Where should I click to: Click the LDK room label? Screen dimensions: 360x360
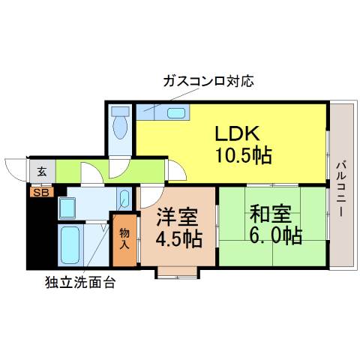[x=237, y=133]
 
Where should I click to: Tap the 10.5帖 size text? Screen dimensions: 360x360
[x=244, y=155]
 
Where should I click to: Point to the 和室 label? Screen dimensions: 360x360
[x=271, y=214]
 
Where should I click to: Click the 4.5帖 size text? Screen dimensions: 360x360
[x=179, y=239]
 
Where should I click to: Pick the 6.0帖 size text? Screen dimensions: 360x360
[x=275, y=235]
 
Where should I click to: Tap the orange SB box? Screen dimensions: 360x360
[x=42, y=193]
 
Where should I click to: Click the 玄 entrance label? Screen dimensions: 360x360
[x=42, y=172]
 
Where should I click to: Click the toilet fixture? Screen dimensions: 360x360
[x=120, y=122]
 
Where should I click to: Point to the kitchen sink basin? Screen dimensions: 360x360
[x=176, y=113]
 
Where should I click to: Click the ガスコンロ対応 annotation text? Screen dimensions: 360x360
[x=208, y=81]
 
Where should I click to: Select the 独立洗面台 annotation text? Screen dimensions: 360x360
[x=80, y=283]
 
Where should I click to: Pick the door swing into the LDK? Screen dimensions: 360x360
[x=178, y=169]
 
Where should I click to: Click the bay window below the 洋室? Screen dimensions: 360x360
[x=177, y=272]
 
